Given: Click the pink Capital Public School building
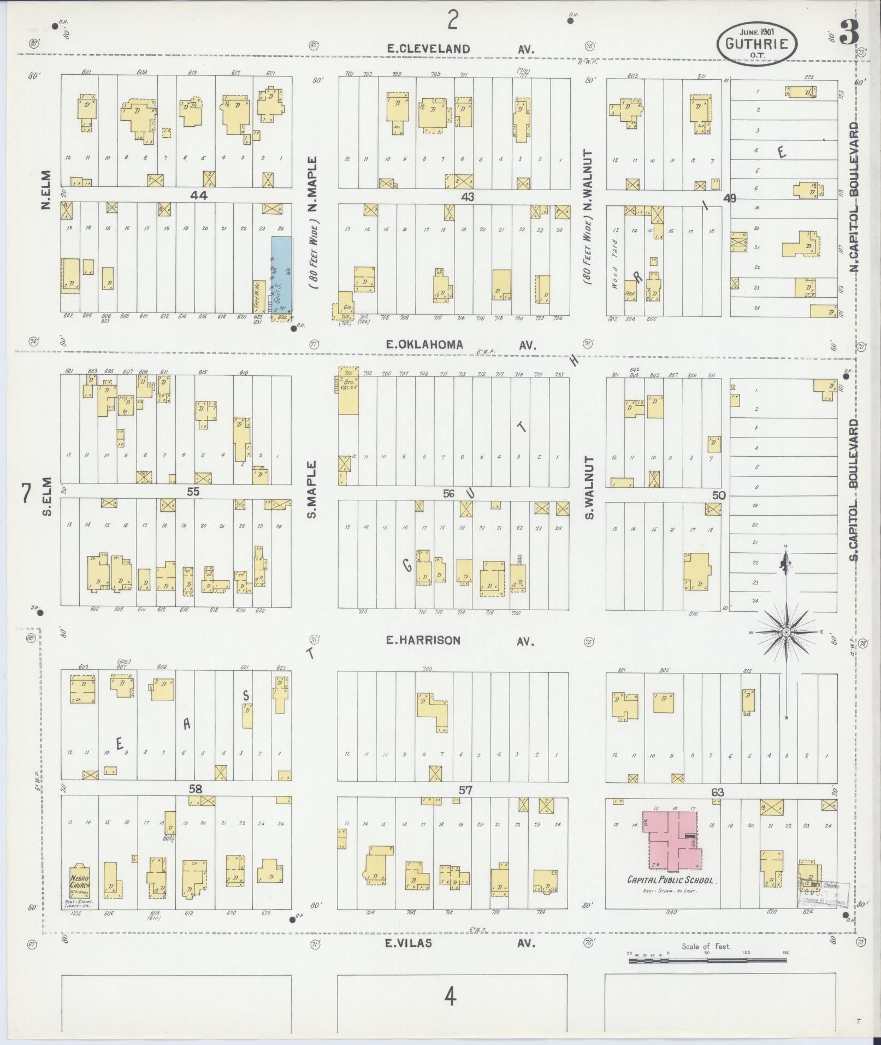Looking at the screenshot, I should tap(673, 841).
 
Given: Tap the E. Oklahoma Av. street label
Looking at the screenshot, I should tap(460, 345).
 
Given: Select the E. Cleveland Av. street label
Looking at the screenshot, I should tap(460, 49).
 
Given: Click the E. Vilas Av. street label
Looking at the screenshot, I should tap(460, 943).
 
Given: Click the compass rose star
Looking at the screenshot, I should tap(786, 632).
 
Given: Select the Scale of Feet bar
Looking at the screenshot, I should tap(709, 960).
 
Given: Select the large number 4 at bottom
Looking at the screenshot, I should tap(450, 997).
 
